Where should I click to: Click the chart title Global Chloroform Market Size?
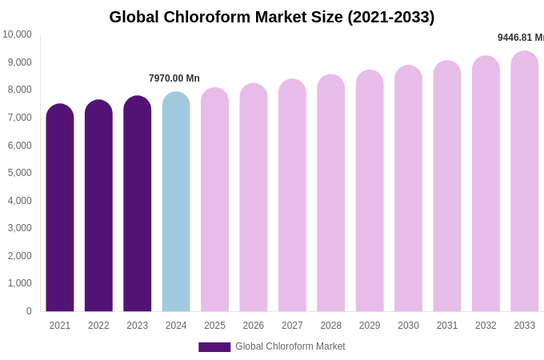(x=272, y=17)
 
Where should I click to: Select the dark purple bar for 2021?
(x=60, y=208)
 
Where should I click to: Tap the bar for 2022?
(x=98, y=206)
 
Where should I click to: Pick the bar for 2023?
(x=137, y=204)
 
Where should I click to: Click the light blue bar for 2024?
(x=176, y=202)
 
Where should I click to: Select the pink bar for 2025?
(x=214, y=200)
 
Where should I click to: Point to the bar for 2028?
(x=331, y=194)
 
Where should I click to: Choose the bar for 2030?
(x=408, y=189)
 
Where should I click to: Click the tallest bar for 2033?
(x=525, y=182)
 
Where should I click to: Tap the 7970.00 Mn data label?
(x=174, y=78)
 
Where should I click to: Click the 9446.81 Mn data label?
(x=520, y=38)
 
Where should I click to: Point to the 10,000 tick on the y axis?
(x=17, y=34)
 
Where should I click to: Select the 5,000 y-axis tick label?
(x=20, y=173)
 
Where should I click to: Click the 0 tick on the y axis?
(x=29, y=311)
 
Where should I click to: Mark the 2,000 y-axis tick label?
(x=20, y=256)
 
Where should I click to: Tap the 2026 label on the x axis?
(x=254, y=326)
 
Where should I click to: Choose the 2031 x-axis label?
(x=447, y=326)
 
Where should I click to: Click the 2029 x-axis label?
(x=370, y=326)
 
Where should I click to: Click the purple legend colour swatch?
(x=214, y=347)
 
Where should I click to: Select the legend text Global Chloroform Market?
(x=290, y=346)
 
